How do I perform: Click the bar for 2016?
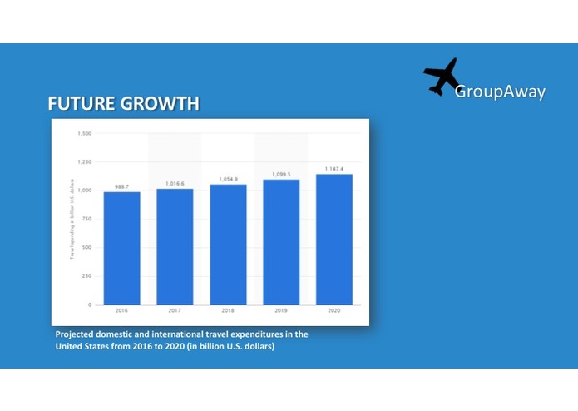pyautogui.click(x=121, y=248)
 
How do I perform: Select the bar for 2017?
pyautogui.click(x=175, y=246)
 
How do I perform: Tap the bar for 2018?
pyautogui.click(x=228, y=244)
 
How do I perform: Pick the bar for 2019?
pyautogui.click(x=281, y=241)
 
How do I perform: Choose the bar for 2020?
pyautogui.click(x=333, y=239)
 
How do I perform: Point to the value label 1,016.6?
pyautogui.click(x=175, y=184)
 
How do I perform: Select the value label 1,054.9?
pyautogui.click(x=228, y=179)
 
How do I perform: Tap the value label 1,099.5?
pyautogui.click(x=281, y=175)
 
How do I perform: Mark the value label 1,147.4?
pyautogui.click(x=333, y=169)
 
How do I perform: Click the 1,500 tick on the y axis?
pyautogui.click(x=84, y=133)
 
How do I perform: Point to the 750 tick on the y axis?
pyautogui.click(x=86, y=219)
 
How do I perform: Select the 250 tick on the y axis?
pyautogui.click(x=86, y=276)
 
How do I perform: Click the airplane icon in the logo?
pyautogui.click(x=442, y=77)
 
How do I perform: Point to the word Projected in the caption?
pyautogui.click(x=76, y=334)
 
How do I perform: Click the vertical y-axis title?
pyautogui.click(x=72, y=218)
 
